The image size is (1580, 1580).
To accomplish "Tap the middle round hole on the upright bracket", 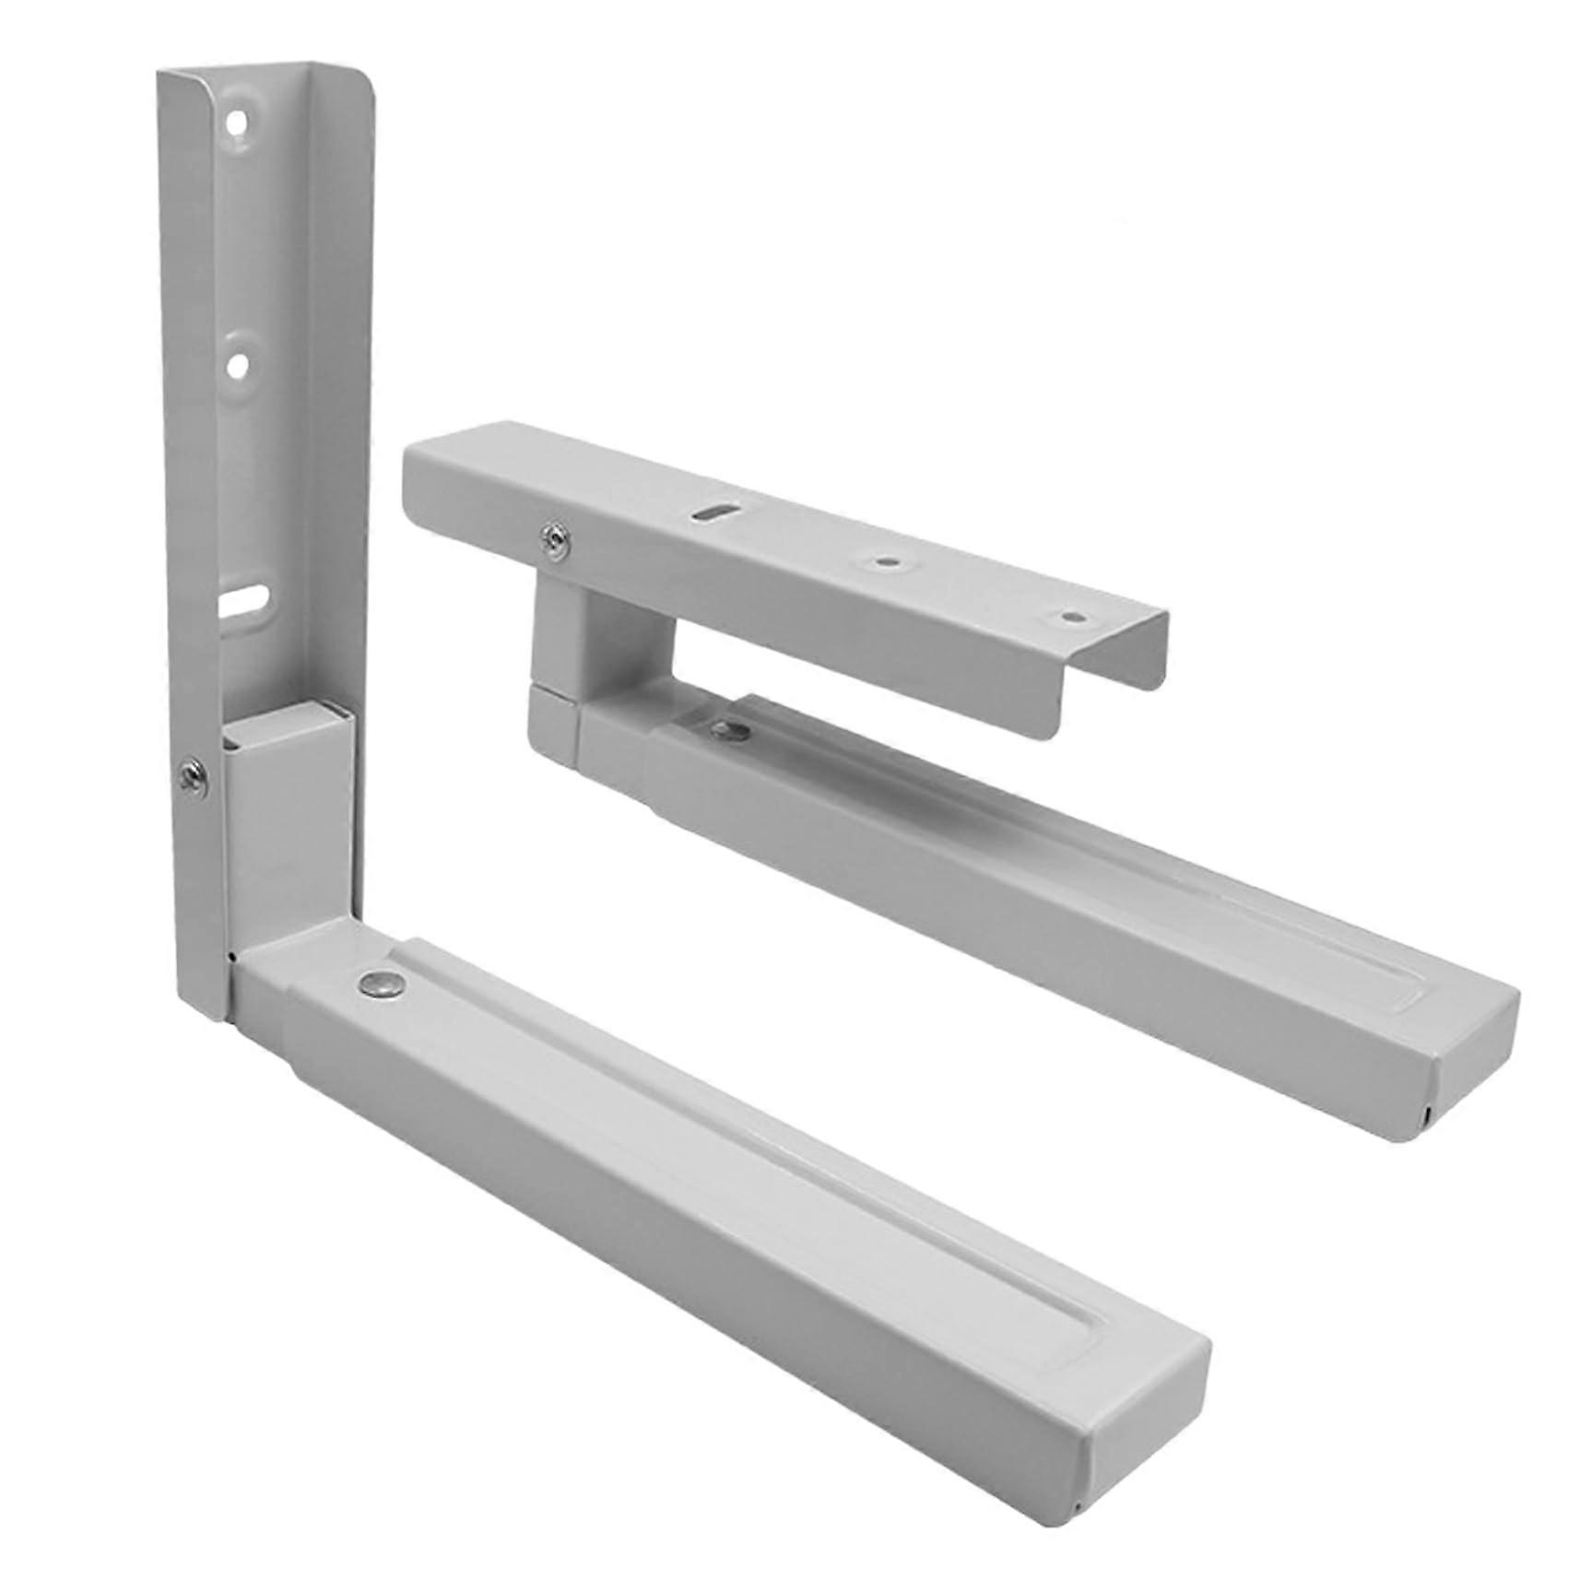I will (x=239, y=366).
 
